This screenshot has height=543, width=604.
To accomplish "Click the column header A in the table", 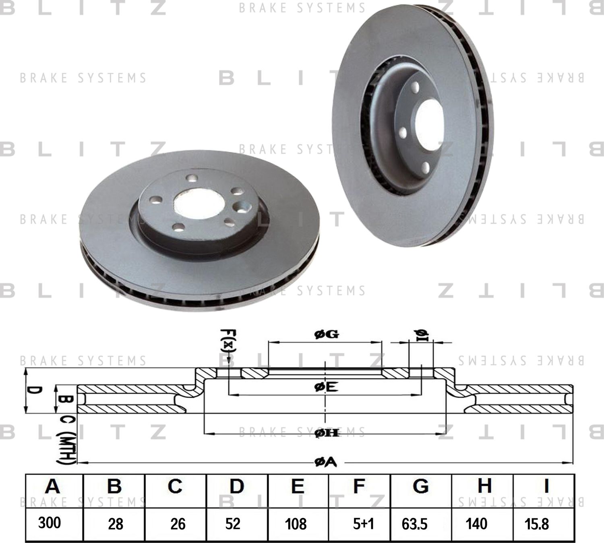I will [x=52, y=486].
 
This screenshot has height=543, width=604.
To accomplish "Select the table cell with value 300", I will [x=50, y=523].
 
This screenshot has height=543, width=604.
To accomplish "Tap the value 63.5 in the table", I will [x=414, y=524].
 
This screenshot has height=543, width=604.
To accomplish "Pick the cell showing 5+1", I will [x=364, y=524].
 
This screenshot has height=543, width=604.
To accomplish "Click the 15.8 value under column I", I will [x=537, y=524].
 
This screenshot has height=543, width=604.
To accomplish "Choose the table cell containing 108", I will [x=296, y=524].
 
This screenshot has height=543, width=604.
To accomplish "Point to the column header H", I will [x=484, y=486].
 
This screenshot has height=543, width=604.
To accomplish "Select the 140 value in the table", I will [x=476, y=524].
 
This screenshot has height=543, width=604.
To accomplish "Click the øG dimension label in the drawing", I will [x=326, y=334].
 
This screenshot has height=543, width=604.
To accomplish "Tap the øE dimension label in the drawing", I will [x=326, y=387].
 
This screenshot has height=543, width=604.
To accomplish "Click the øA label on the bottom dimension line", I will [x=325, y=463].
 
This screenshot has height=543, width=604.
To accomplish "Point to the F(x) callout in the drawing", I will [x=228, y=341].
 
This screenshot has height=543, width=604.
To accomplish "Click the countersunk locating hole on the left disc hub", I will [x=243, y=206].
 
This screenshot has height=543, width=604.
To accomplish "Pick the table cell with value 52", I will [x=233, y=524].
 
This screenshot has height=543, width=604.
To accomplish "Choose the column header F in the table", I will [x=359, y=486].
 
